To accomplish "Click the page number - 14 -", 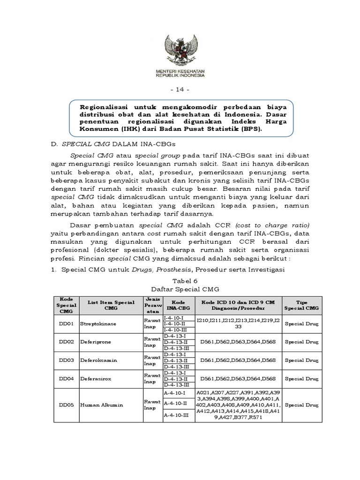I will coord(180,89).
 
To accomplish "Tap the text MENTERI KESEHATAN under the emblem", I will coord(180,70).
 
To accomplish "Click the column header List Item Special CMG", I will coord(111,305).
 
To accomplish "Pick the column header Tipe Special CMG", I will coord(302,305).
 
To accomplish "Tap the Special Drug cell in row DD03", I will coord(302,360).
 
